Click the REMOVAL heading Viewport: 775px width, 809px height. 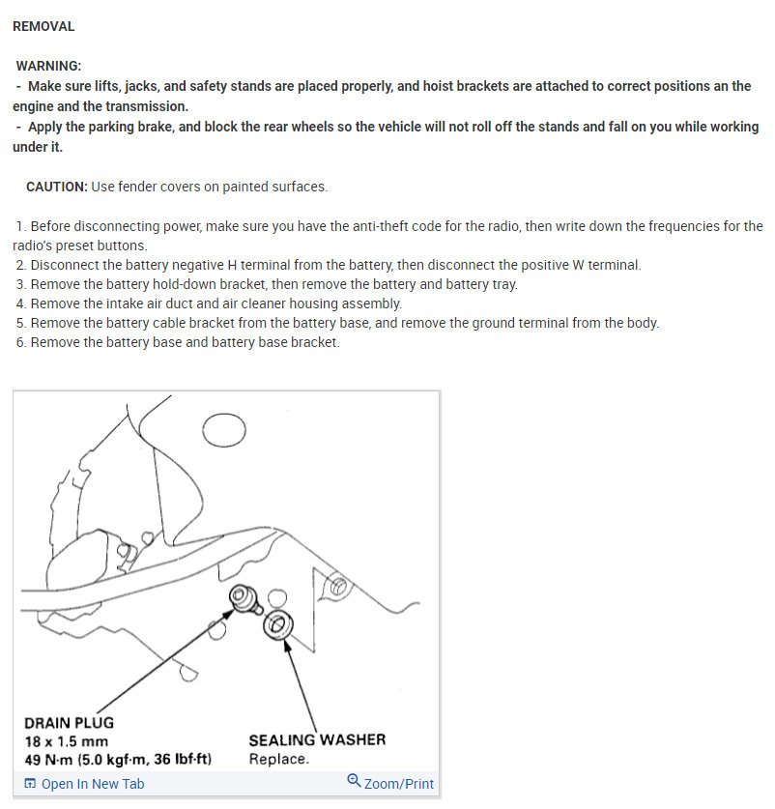tap(43, 26)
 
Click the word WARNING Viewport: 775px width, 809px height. tap(49, 66)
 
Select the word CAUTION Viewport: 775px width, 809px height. tap(57, 187)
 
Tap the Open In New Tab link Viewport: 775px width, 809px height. tap(93, 784)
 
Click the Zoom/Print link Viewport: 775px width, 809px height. tap(398, 784)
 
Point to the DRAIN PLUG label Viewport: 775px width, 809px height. tap(69, 723)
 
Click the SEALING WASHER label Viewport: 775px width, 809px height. tap(317, 740)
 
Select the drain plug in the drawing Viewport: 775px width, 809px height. tap(241, 600)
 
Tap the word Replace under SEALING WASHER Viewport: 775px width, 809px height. tap(278, 759)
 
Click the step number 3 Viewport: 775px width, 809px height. tap(20, 284)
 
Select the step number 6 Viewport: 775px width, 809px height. tap(20, 342)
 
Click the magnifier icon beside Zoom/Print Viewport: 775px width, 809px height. tap(354, 782)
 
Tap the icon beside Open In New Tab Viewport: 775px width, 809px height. tap(30, 784)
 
